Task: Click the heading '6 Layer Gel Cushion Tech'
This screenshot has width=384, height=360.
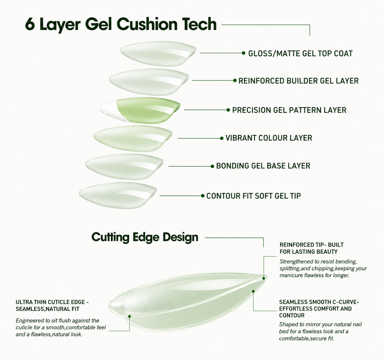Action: pyautogui.click(x=121, y=24)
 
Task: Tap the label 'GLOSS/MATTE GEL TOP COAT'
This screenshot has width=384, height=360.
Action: pyautogui.click(x=300, y=53)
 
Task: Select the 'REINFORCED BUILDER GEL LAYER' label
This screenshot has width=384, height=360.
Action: pyautogui.click(x=298, y=81)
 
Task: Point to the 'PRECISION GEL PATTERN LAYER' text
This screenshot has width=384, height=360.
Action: pyautogui.click(x=289, y=110)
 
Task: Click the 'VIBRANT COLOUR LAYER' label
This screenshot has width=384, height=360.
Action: pyautogui.click(x=268, y=138)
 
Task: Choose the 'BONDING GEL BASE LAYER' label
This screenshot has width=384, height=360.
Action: pyautogui.click(x=263, y=166)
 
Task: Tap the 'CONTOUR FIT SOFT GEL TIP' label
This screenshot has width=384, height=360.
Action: pyautogui.click(x=253, y=196)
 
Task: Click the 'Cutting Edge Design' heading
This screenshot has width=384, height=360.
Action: pyautogui.click(x=145, y=237)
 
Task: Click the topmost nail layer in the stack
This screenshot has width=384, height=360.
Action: pyautogui.click(x=159, y=53)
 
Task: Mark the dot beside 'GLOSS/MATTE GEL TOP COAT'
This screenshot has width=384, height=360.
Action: pyautogui.click(x=243, y=53)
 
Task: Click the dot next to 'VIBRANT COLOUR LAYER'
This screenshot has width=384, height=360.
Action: pyautogui.click(x=222, y=138)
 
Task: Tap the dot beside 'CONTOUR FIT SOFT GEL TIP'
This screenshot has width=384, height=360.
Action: pyautogui.click(x=202, y=196)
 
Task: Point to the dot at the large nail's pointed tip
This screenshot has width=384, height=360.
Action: pyautogui.click(x=264, y=278)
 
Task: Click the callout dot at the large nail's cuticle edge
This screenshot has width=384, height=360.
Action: pyautogui.click(x=129, y=316)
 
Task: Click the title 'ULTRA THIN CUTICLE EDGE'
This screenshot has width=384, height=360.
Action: pyautogui.click(x=50, y=302)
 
